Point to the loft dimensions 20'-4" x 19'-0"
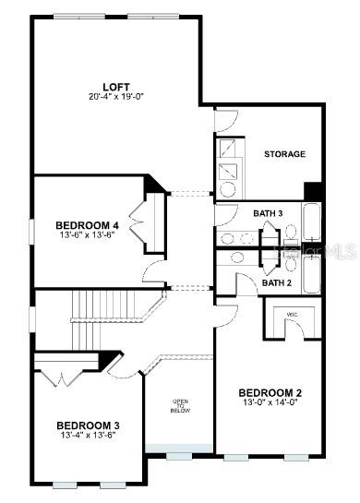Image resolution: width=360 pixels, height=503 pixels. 115,96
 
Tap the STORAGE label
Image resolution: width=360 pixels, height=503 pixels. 284,154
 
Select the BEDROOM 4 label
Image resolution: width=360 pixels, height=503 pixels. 87,224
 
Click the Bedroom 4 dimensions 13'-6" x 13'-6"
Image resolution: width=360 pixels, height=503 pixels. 87,234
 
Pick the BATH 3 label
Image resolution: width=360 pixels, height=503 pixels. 268,213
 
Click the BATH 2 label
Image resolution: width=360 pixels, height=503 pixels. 276,282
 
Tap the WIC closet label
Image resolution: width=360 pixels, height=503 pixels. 293,315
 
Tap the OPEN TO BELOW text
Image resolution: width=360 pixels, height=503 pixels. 180,406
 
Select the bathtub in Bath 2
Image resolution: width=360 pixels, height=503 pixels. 313,272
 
